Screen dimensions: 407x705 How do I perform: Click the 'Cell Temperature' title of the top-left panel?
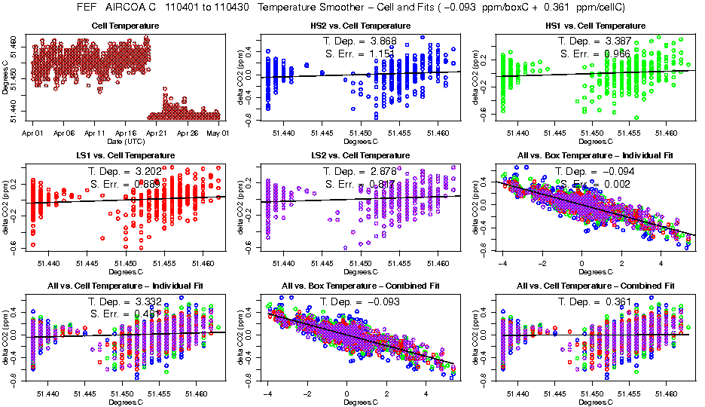(126, 26)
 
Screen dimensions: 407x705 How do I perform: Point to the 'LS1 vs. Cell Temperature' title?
(126, 156)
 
